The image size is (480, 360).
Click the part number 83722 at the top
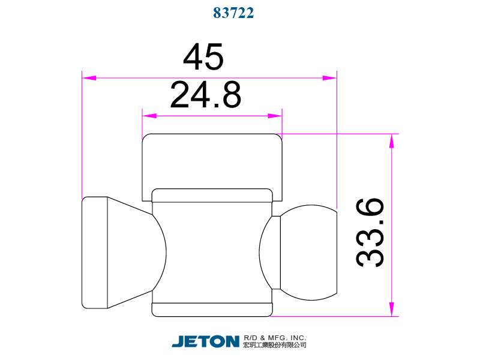click(x=234, y=13)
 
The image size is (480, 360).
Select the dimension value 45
click(x=203, y=58)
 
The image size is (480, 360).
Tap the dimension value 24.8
click(x=206, y=95)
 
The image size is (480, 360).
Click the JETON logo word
click(x=205, y=341)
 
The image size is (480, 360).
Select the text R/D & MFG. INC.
click(x=275, y=337)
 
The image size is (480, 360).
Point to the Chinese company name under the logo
click(x=275, y=346)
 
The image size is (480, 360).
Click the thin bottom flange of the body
click(x=212, y=310)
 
